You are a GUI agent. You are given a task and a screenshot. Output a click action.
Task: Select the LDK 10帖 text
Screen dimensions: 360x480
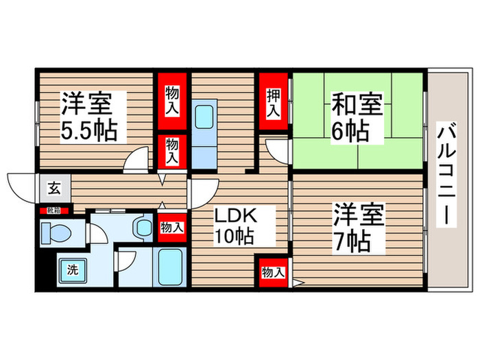coord(235,226)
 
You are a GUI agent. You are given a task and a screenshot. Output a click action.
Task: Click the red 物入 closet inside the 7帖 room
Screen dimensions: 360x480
coord(273,272)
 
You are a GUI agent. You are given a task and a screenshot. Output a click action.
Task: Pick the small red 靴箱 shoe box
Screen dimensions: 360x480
coord(53,211)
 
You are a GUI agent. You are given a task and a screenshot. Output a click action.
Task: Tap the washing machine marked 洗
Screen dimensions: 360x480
coord(71,269)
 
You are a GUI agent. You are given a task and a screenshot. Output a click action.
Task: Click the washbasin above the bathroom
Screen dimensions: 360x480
coord(143,227)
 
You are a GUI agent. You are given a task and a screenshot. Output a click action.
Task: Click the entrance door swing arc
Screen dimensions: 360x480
coord(21,184)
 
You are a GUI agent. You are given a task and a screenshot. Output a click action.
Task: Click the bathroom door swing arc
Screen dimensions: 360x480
coord(128,261)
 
